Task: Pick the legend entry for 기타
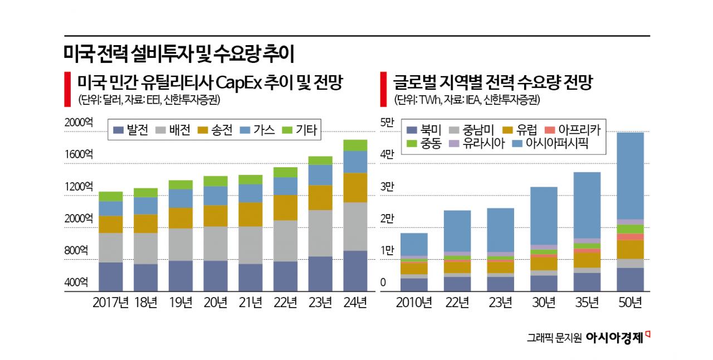[x=300, y=130]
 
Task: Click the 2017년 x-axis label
[x=111, y=303]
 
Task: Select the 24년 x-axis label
[x=355, y=303]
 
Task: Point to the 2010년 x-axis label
[x=414, y=303]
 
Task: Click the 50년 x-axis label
[x=630, y=303]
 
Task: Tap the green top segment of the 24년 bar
[x=355, y=145]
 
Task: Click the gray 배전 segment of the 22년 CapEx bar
[x=285, y=241]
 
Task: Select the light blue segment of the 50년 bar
[x=630, y=176]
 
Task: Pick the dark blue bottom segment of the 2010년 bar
[x=414, y=284]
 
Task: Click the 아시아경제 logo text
[x=614, y=338]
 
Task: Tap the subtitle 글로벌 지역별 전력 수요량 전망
[x=493, y=84]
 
